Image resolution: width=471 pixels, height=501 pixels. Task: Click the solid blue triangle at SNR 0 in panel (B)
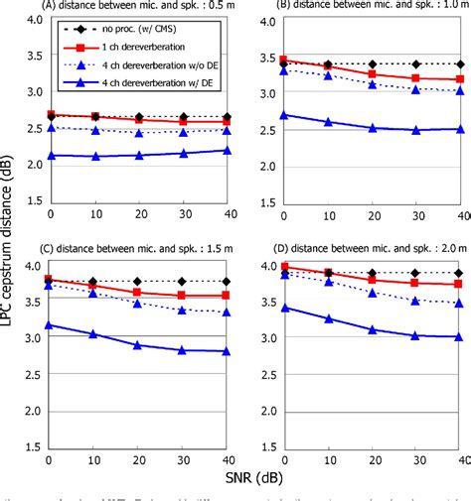(x=285, y=115)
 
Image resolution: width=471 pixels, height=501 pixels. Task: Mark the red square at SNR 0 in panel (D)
(x=285, y=267)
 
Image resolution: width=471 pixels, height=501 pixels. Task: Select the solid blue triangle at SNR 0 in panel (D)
(x=285, y=308)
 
